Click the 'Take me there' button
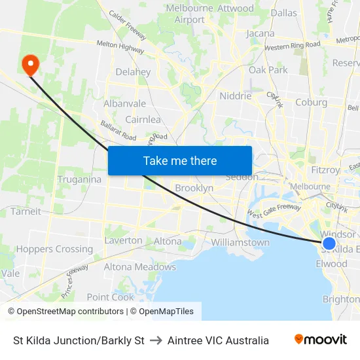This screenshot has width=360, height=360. [x=180, y=160]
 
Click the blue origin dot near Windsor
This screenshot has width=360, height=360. [x=329, y=243]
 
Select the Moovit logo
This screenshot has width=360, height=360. [x=320, y=340]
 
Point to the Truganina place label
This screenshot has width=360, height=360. [x=79, y=179]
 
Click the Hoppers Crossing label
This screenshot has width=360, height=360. [x=54, y=249]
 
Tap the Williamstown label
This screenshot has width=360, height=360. [x=240, y=242]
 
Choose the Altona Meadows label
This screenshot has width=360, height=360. [x=139, y=267]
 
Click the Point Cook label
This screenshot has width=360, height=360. [x=110, y=297]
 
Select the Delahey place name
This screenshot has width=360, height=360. [x=133, y=72]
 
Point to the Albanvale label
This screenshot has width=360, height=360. [x=124, y=103]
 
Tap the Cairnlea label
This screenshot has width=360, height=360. [x=143, y=120]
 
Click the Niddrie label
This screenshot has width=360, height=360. [x=236, y=96]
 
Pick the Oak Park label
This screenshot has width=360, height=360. [x=268, y=70]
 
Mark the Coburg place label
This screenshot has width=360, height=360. [x=311, y=102]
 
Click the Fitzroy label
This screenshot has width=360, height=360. [x=325, y=170]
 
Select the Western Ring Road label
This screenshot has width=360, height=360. [x=293, y=46]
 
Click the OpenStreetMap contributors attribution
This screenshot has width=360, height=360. [x=65, y=312]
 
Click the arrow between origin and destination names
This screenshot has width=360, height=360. [x=156, y=340]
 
